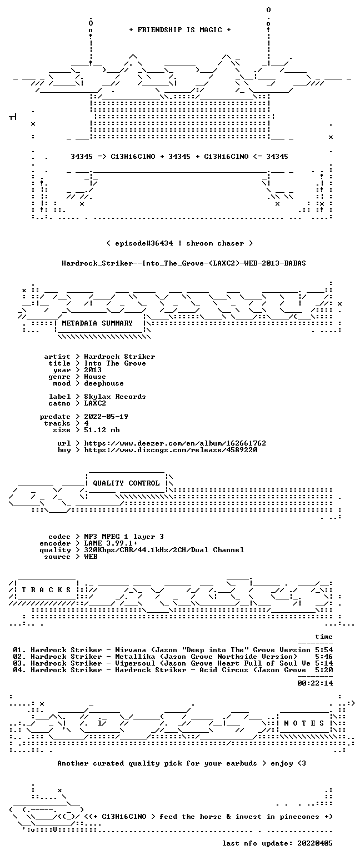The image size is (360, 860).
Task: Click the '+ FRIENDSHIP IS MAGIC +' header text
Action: [180, 30]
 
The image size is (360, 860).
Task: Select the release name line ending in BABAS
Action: [184, 263]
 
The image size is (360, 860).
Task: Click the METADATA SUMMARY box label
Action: [97, 323]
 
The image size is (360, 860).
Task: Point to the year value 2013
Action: [93, 370]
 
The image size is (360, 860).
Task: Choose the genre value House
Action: [95, 377]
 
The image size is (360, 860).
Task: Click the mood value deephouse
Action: [104, 383]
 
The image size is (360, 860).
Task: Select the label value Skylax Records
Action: [115, 397]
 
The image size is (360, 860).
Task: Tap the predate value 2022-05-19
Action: [106, 417]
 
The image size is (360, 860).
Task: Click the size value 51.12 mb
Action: [102, 430]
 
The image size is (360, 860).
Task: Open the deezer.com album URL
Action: [175, 443]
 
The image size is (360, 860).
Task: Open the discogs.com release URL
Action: [171, 450]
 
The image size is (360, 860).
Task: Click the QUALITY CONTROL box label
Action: [126, 483]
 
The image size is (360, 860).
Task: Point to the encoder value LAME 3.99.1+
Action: [111, 543]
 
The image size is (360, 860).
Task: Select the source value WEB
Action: [91, 557]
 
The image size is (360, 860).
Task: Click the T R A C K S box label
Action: [47, 590]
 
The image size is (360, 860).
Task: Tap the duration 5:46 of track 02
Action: [324, 657]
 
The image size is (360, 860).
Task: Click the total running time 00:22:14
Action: [315, 683]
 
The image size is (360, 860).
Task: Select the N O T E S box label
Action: [304, 723]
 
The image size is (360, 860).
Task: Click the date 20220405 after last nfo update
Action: [315, 843]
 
